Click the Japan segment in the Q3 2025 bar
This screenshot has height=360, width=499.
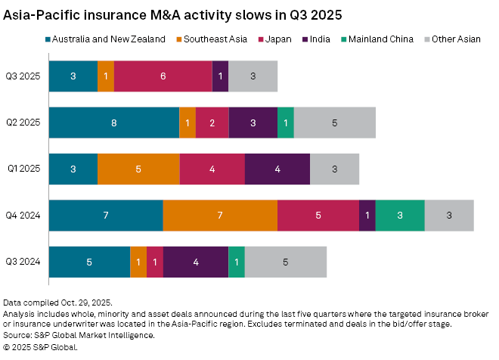(163, 76)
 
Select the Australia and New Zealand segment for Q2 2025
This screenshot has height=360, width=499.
(114, 123)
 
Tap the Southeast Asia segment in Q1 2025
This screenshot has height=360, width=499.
(138, 169)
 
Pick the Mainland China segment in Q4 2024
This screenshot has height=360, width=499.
(400, 216)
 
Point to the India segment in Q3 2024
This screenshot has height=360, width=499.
(196, 262)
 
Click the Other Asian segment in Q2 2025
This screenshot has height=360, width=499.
(335, 123)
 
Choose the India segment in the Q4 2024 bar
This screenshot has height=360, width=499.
(367, 216)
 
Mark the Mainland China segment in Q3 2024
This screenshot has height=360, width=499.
(237, 262)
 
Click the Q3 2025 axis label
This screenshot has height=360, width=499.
(23, 76)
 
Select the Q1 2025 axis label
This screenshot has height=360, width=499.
(23, 169)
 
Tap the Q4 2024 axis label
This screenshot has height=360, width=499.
(23, 216)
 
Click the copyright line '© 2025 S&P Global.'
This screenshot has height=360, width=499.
(40, 346)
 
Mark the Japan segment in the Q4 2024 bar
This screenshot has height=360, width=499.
(318, 216)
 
